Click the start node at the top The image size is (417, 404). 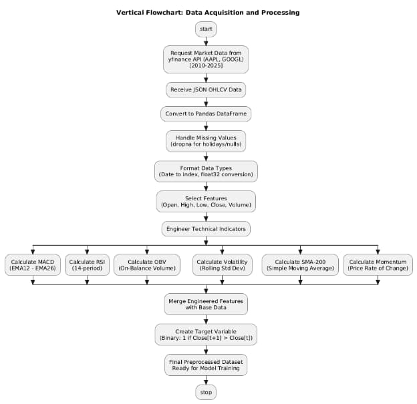tap(206, 29)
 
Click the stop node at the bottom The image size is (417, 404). tap(206, 392)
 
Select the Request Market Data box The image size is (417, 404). tap(206, 59)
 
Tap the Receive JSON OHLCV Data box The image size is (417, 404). tap(206, 89)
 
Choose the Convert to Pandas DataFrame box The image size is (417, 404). tap(206, 114)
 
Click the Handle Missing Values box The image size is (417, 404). tap(206, 141)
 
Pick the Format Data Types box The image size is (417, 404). tap(206, 171)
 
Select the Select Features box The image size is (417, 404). tap(206, 201)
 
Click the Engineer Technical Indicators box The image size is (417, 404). tap(206, 228)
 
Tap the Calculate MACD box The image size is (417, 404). tap(33, 264)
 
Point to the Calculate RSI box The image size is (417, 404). tap(87, 264)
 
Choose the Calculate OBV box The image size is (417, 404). tap(146, 264)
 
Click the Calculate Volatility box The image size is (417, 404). tap(223, 264)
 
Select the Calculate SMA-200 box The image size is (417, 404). tap(300, 264)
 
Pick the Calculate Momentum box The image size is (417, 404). tap(378, 264)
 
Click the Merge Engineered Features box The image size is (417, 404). tap(206, 304)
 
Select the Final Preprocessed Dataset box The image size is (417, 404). tap(206, 364)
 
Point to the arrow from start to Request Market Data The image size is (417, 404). tap(206, 41)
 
